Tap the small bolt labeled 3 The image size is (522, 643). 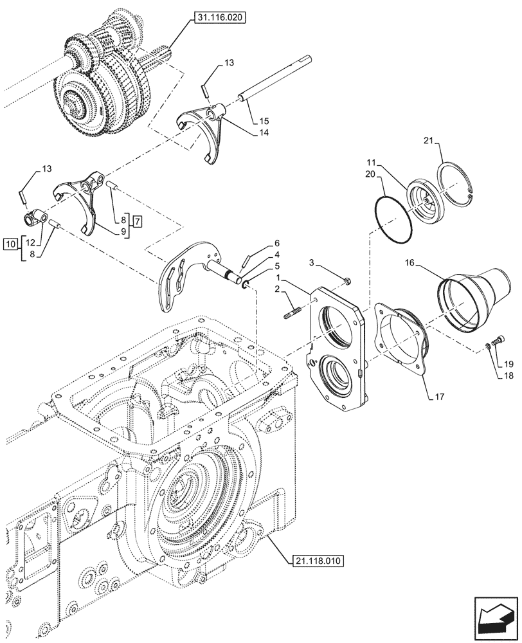click(x=347, y=280)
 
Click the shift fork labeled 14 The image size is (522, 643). click(x=203, y=129)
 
